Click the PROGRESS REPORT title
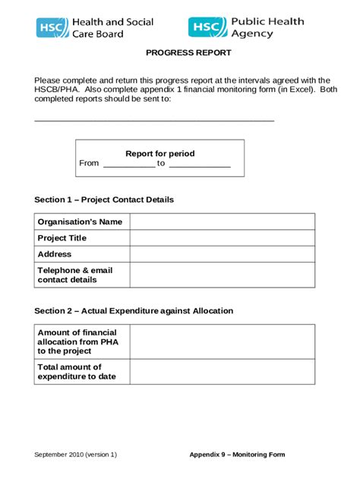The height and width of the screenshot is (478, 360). (x=188, y=53)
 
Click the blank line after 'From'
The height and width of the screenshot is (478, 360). (x=128, y=165)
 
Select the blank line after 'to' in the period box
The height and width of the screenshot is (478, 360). (x=199, y=165)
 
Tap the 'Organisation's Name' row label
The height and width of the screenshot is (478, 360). (x=80, y=222)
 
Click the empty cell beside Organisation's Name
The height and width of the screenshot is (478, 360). (x=222, y=222)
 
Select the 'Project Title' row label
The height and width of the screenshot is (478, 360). (x=62, y=237)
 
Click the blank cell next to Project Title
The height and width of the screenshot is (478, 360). (x=222, y=237)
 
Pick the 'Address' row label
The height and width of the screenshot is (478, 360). (x=55, y=254)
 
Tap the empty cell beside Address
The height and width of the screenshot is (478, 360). (x=222, y=254)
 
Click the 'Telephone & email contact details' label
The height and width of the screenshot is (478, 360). (x=75, y=275)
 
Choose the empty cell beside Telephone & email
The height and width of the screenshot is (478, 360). (x=222, y=275)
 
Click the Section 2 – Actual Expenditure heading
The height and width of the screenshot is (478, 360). (x=134, y=311)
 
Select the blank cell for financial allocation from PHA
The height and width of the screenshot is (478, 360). (x=222, y=341)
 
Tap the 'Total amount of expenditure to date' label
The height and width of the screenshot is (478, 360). (x=77, y=372)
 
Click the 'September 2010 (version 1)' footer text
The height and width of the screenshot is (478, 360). (x=76, y=454)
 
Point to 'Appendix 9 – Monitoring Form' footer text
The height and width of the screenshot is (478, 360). (x=237, y=454)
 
